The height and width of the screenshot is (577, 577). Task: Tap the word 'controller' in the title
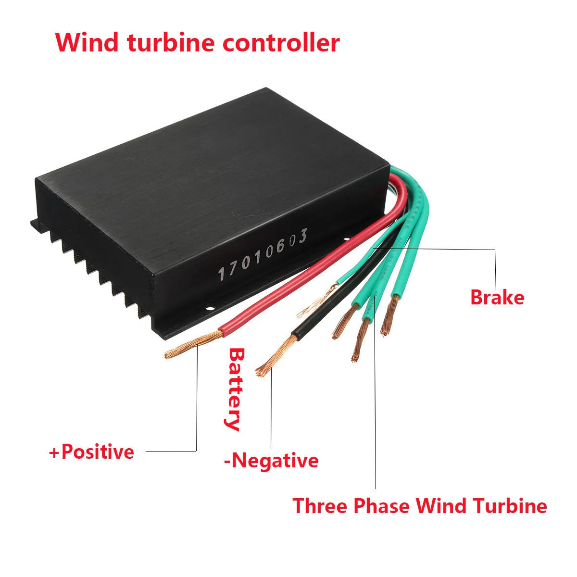(x=281, y=42)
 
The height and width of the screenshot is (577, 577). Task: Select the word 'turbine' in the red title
(x=171, y=42)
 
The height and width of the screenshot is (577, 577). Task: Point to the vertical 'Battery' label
(x=235, y=389)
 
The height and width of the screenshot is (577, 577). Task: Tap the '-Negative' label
(x=271, y=461)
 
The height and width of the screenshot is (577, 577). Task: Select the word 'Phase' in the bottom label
(x=381, y=506)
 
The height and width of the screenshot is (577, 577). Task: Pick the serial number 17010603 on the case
(x=263, y=255)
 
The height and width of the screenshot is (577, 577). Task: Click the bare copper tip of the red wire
(x=193, y=346)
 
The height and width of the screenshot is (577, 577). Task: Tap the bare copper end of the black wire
(x=276, y=356)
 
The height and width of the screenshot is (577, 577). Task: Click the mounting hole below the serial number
(x=210, y=308)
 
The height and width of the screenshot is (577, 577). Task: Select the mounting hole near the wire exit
(x=347, y=239)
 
